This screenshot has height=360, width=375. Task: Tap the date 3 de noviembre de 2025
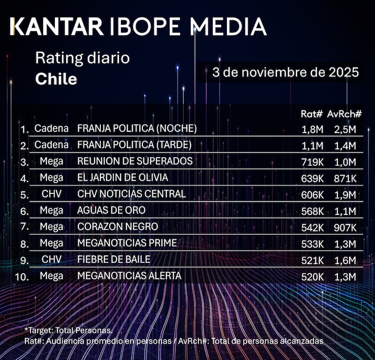(x=285, y=73)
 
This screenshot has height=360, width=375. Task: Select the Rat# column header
(x=311, y=114)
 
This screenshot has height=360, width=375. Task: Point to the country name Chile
(x=56, y=79)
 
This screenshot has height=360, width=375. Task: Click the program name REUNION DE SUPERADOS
(x=135, y=161)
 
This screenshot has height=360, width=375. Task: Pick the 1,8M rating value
(x=312, y=129)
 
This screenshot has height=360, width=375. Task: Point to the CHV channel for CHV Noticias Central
(x=52, y=194)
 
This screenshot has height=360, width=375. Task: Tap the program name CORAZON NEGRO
(x=118, y=227)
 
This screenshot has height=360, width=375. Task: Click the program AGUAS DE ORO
(x=111, y=210)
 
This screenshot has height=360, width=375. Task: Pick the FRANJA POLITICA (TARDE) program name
(x=135, y=145)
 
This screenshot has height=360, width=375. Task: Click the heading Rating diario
(x=82, y=59)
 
